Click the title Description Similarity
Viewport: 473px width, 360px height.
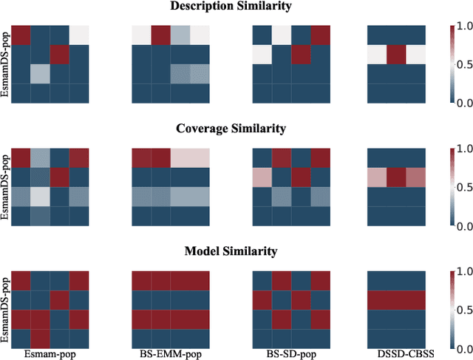[x=231, y=7]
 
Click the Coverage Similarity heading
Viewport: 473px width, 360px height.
[x=231, y=129]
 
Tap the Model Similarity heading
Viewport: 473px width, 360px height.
[x=231, y=251]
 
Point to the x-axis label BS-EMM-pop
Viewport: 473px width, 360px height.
[x=169, y=354]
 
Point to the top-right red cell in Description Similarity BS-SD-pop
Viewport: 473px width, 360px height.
[x=321, y=35]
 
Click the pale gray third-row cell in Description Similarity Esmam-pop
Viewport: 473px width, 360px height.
[x=41, y=74]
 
